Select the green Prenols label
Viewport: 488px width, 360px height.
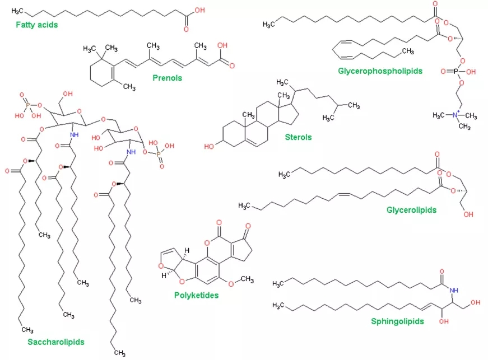(167, 78)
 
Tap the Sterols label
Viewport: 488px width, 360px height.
(298, 137)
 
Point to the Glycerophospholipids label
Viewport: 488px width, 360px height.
(380, 71)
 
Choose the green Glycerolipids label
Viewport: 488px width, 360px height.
(411, 210)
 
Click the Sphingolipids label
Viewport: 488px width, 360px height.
(397, 321)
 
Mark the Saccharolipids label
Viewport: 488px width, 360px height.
(56, 340)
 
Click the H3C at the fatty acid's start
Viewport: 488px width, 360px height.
(18, 11)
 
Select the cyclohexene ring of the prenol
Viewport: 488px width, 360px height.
(104, 73)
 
